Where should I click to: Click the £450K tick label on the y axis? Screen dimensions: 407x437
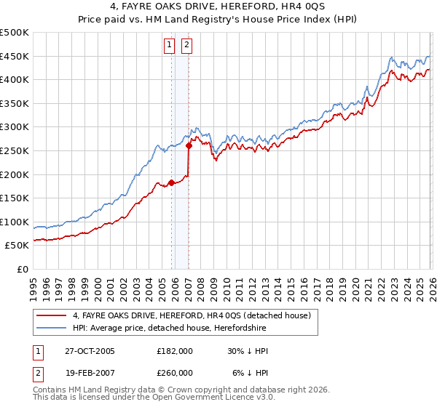coord(15,57)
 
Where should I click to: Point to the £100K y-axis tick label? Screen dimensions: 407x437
coord(15,222)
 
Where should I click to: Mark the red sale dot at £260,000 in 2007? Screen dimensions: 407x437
coord(189,146)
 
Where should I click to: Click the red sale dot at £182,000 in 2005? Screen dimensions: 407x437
coord(172,182)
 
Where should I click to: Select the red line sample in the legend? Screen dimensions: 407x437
coord(52,315)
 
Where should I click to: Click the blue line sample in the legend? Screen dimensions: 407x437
coord(52,328)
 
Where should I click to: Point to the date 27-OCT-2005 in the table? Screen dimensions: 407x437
coord(90,351)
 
